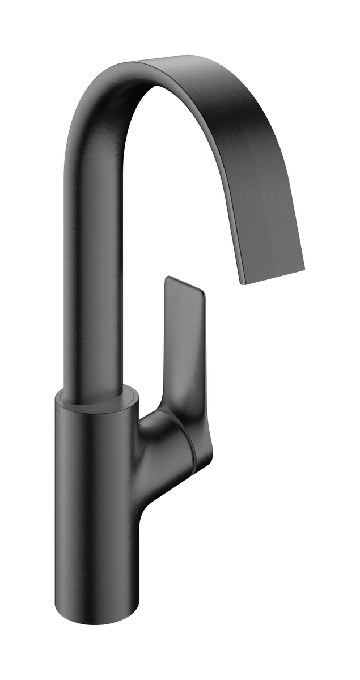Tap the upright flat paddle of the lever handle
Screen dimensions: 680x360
click(183, 334)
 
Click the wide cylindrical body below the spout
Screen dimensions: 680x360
click(96, 482)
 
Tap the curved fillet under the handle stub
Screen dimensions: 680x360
click(145, 493)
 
